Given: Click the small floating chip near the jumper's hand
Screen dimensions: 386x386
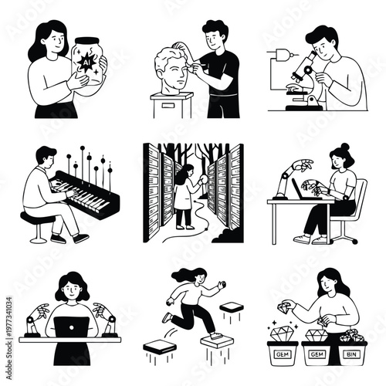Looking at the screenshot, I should (229, 306).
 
